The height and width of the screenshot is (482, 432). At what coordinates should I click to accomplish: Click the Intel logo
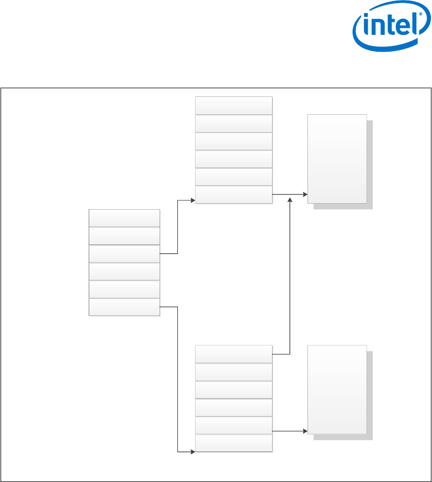click(388, 30)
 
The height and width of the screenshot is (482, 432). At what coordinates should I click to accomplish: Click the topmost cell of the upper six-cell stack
click(233, 106)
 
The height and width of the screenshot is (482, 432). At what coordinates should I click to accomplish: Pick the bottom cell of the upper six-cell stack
click(233, 194)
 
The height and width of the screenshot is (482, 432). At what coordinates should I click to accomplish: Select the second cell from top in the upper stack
click(233, 124)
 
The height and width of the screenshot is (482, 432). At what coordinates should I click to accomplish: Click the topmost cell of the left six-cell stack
click(124, 218)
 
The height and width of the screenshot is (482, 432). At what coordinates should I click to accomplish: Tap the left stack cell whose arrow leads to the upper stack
click(124, 254)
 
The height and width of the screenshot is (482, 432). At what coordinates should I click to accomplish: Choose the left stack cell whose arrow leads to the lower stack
click(124, 307)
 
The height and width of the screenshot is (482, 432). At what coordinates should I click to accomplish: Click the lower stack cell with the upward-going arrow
click(233, 354)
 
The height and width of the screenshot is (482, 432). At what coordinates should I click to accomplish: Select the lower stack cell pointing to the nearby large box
click(233, 425)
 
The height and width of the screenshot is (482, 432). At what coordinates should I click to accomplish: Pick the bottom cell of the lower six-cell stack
click(233, 443)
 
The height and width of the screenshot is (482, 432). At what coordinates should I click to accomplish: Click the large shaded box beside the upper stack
click(337, 158)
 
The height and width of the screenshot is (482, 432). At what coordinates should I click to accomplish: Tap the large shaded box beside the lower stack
click(337, 389)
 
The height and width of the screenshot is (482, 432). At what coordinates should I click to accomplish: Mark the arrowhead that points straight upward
click(290, 200)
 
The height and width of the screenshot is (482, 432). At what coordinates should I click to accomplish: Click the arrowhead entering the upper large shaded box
click(305, 194)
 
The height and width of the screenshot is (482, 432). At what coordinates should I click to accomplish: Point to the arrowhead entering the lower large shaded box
click(305, 431)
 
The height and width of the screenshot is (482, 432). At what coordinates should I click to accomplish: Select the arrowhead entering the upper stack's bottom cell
click(193, 200)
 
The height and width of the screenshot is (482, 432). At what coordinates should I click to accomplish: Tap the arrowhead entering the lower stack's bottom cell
click(193, 452)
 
